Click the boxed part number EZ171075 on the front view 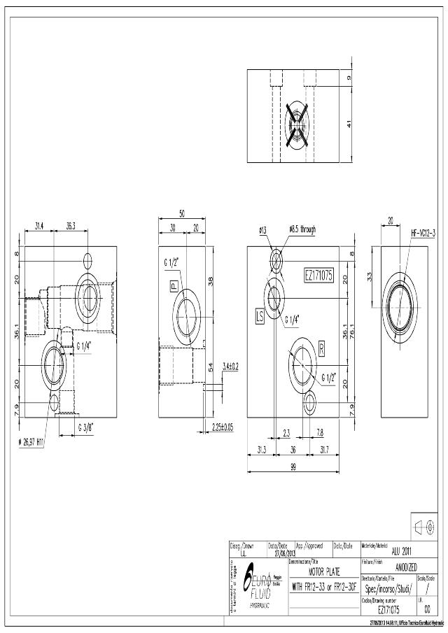318,276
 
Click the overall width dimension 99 294,466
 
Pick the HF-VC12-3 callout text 423,233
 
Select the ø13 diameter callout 262,229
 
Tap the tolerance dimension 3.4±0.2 230,366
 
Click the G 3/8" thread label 87,427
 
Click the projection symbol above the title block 426,527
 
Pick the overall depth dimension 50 181,214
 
